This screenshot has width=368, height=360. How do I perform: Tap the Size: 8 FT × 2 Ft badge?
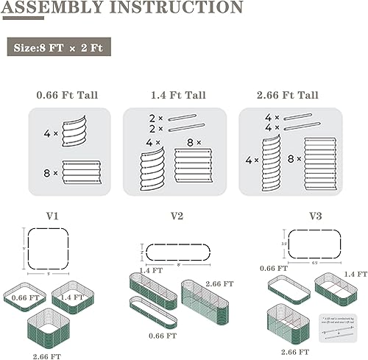pyautogui.click(x=62, y=49)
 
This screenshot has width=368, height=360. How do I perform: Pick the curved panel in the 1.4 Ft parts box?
pyautogui.click(x=153, y=171)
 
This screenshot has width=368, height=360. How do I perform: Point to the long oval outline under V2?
pyautogui.click(x=177, y=253)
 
